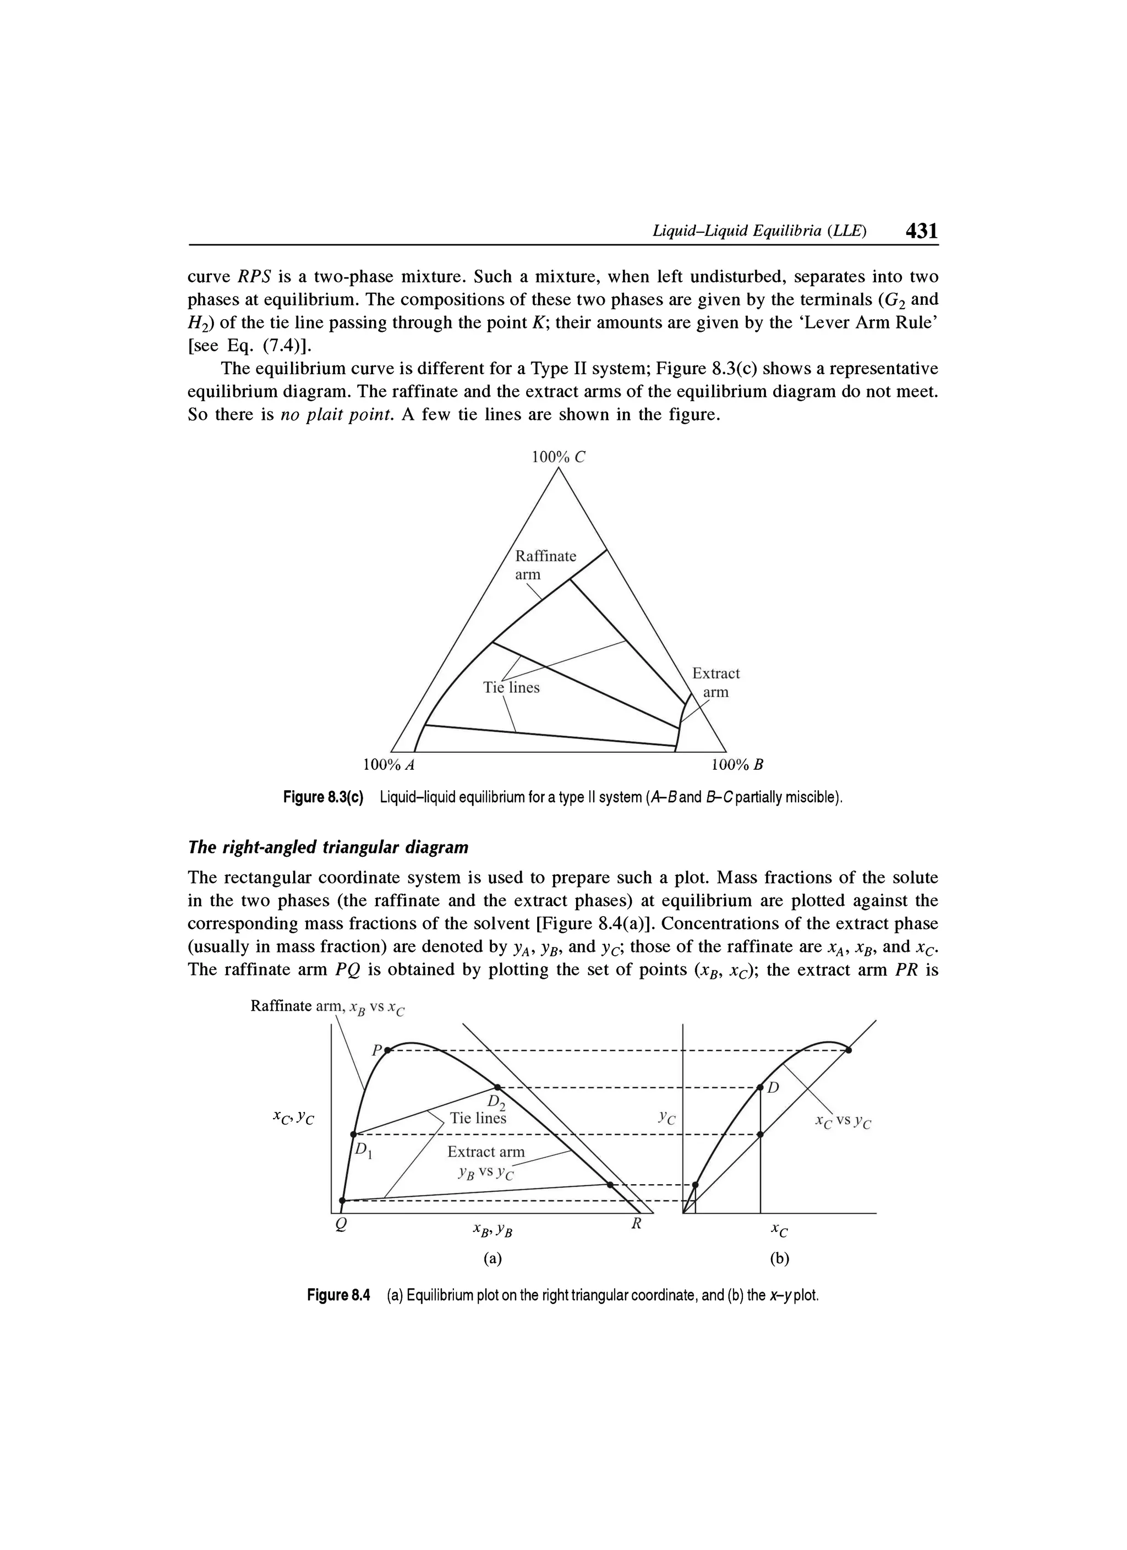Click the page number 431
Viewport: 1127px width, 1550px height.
[x=921, y=231]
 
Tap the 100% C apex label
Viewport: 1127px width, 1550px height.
[x=559, y=457]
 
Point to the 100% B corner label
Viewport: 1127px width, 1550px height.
[x=737, y=764]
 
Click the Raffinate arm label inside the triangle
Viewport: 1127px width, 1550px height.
[x=545, y=565]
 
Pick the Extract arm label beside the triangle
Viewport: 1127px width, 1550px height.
[x=715, y=682]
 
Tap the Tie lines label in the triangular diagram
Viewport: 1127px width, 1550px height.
[x=511, y=688]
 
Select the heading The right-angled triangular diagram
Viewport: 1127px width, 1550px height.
[x=328, y=847]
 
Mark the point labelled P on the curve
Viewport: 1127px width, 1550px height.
[x=387, y=1050]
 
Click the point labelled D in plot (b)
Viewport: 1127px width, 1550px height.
[x=760, y=1087]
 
